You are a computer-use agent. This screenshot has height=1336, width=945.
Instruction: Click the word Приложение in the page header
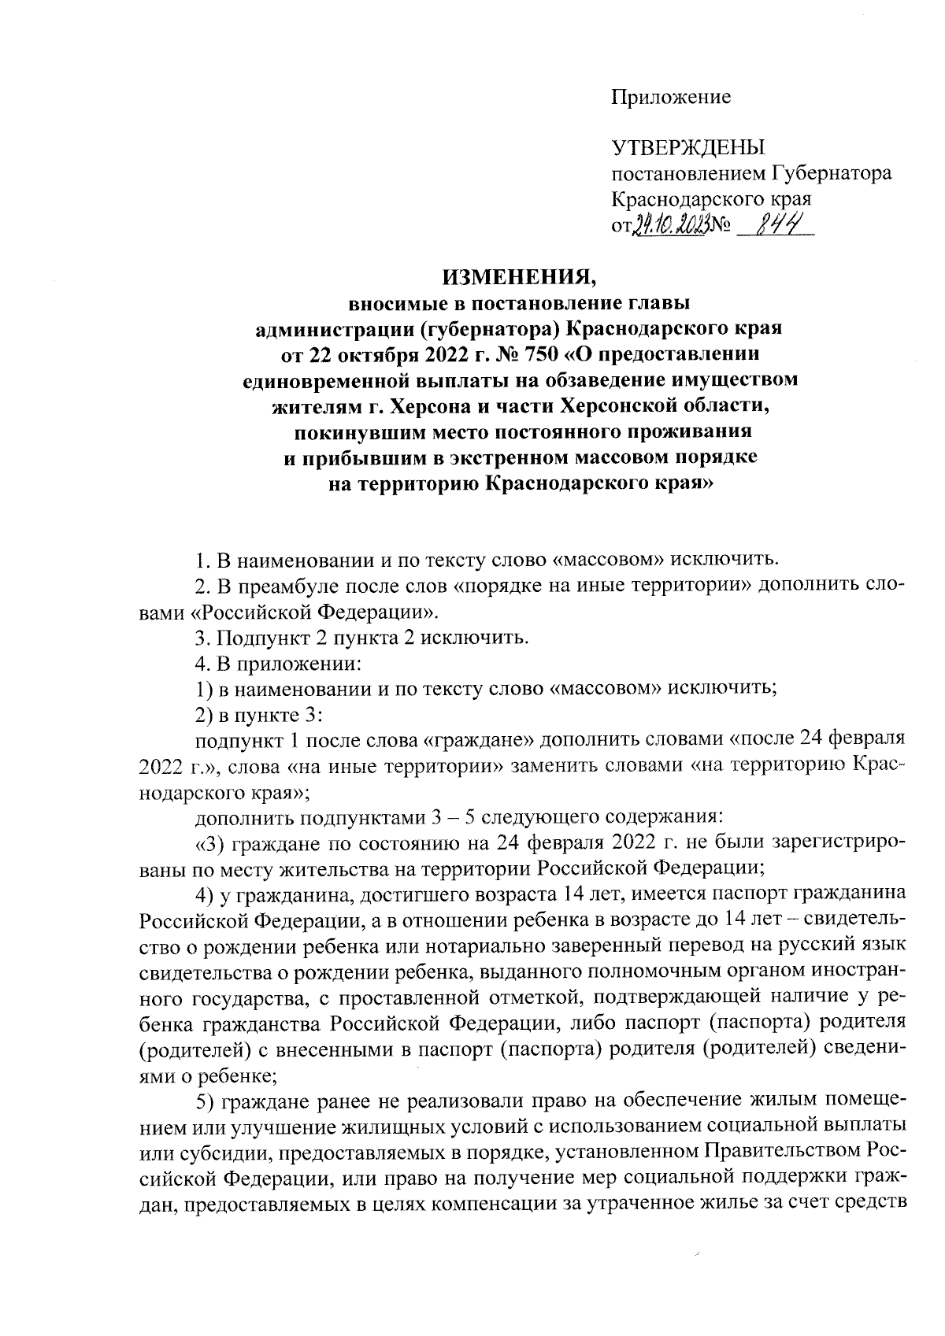pyautogui.click(x=671, y=97)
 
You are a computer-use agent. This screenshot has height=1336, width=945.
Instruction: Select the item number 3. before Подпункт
pyautogui.click(x=202, y=636)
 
